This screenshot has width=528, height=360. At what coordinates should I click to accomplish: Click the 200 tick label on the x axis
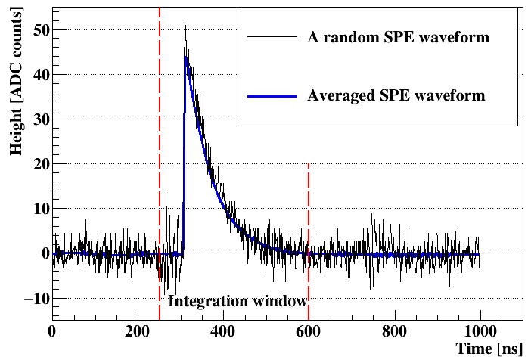click(x=138, y=331)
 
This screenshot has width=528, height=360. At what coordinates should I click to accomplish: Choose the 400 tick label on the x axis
click(x=223, y=331)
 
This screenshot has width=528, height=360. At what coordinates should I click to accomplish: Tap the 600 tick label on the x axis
click(x=309, y=331)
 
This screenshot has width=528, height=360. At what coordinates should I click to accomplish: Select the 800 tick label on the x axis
click(x=394, y=331)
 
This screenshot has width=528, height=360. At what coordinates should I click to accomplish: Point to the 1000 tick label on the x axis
click(x=480, y=331)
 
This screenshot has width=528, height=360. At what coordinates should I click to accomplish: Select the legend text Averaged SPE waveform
click(x=396, y=96)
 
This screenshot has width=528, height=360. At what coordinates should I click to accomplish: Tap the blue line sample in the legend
click(x=271, y=96)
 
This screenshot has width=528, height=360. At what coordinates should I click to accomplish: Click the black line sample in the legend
click(x=271, y=36)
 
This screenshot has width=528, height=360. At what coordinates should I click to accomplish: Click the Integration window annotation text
click(x=237, y=301)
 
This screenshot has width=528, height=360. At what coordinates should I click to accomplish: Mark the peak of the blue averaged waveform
click(x=185, y=55)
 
